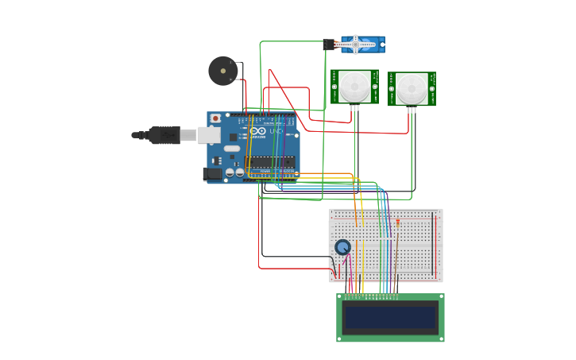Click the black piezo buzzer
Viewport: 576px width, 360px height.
222,71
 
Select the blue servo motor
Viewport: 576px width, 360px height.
362,45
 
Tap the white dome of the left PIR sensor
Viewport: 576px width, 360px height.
354,86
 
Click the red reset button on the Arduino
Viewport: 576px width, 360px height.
215,118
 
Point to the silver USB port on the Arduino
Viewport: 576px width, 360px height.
209,135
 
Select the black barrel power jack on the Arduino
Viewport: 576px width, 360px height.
212,173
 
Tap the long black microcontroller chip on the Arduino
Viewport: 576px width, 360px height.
270,162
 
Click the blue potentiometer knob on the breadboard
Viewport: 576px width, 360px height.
342,247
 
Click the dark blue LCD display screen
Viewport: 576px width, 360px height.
390,318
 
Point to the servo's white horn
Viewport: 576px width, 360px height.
356,45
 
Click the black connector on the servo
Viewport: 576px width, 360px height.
329,45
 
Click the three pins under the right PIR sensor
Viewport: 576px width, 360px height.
412,110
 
